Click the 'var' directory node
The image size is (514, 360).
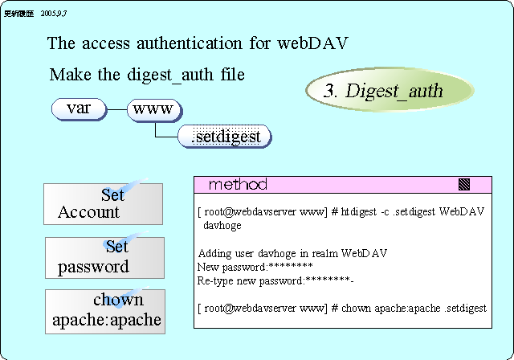point(79,108)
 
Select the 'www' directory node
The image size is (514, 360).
point(155,108)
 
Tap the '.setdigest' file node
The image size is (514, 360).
point(225,137)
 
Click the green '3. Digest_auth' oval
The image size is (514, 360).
point(383,91)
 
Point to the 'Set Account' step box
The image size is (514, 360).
point(103,203)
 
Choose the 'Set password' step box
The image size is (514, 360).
point(104,257)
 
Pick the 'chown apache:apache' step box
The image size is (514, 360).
point(104,311)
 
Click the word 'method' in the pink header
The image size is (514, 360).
point(238,185)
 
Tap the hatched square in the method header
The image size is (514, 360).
point(463,185)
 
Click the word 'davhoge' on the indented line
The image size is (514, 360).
point(222,226)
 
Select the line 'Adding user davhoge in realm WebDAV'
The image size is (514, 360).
point(292,253)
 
